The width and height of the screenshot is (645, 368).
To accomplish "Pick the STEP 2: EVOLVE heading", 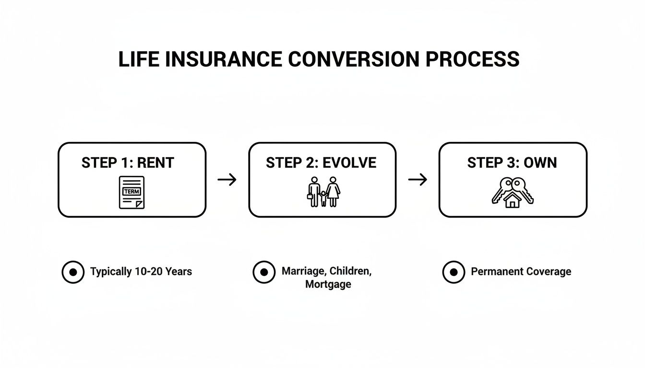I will pos(321,162).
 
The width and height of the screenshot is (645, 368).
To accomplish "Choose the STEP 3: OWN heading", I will pos(512,162).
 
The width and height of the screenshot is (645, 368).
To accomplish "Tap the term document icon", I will pos(131,192).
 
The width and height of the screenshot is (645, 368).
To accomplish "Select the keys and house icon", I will pos(513,192).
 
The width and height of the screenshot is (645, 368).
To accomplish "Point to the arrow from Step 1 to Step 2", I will pos(227,180).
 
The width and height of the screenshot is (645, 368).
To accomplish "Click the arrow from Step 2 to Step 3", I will pos(418,180).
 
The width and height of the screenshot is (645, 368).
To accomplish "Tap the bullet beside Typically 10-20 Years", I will pos(73,272).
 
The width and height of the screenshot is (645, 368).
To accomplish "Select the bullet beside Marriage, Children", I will pos(264,272).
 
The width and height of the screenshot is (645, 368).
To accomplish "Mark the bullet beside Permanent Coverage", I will pos(454,272).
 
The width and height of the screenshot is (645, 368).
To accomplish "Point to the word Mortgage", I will pos(328,284).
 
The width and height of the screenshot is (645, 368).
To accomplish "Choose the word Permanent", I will pos(496,272).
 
